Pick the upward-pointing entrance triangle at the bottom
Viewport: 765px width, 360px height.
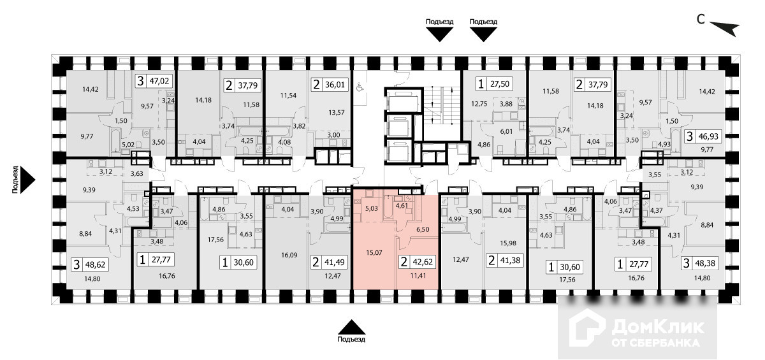click(351, 326)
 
